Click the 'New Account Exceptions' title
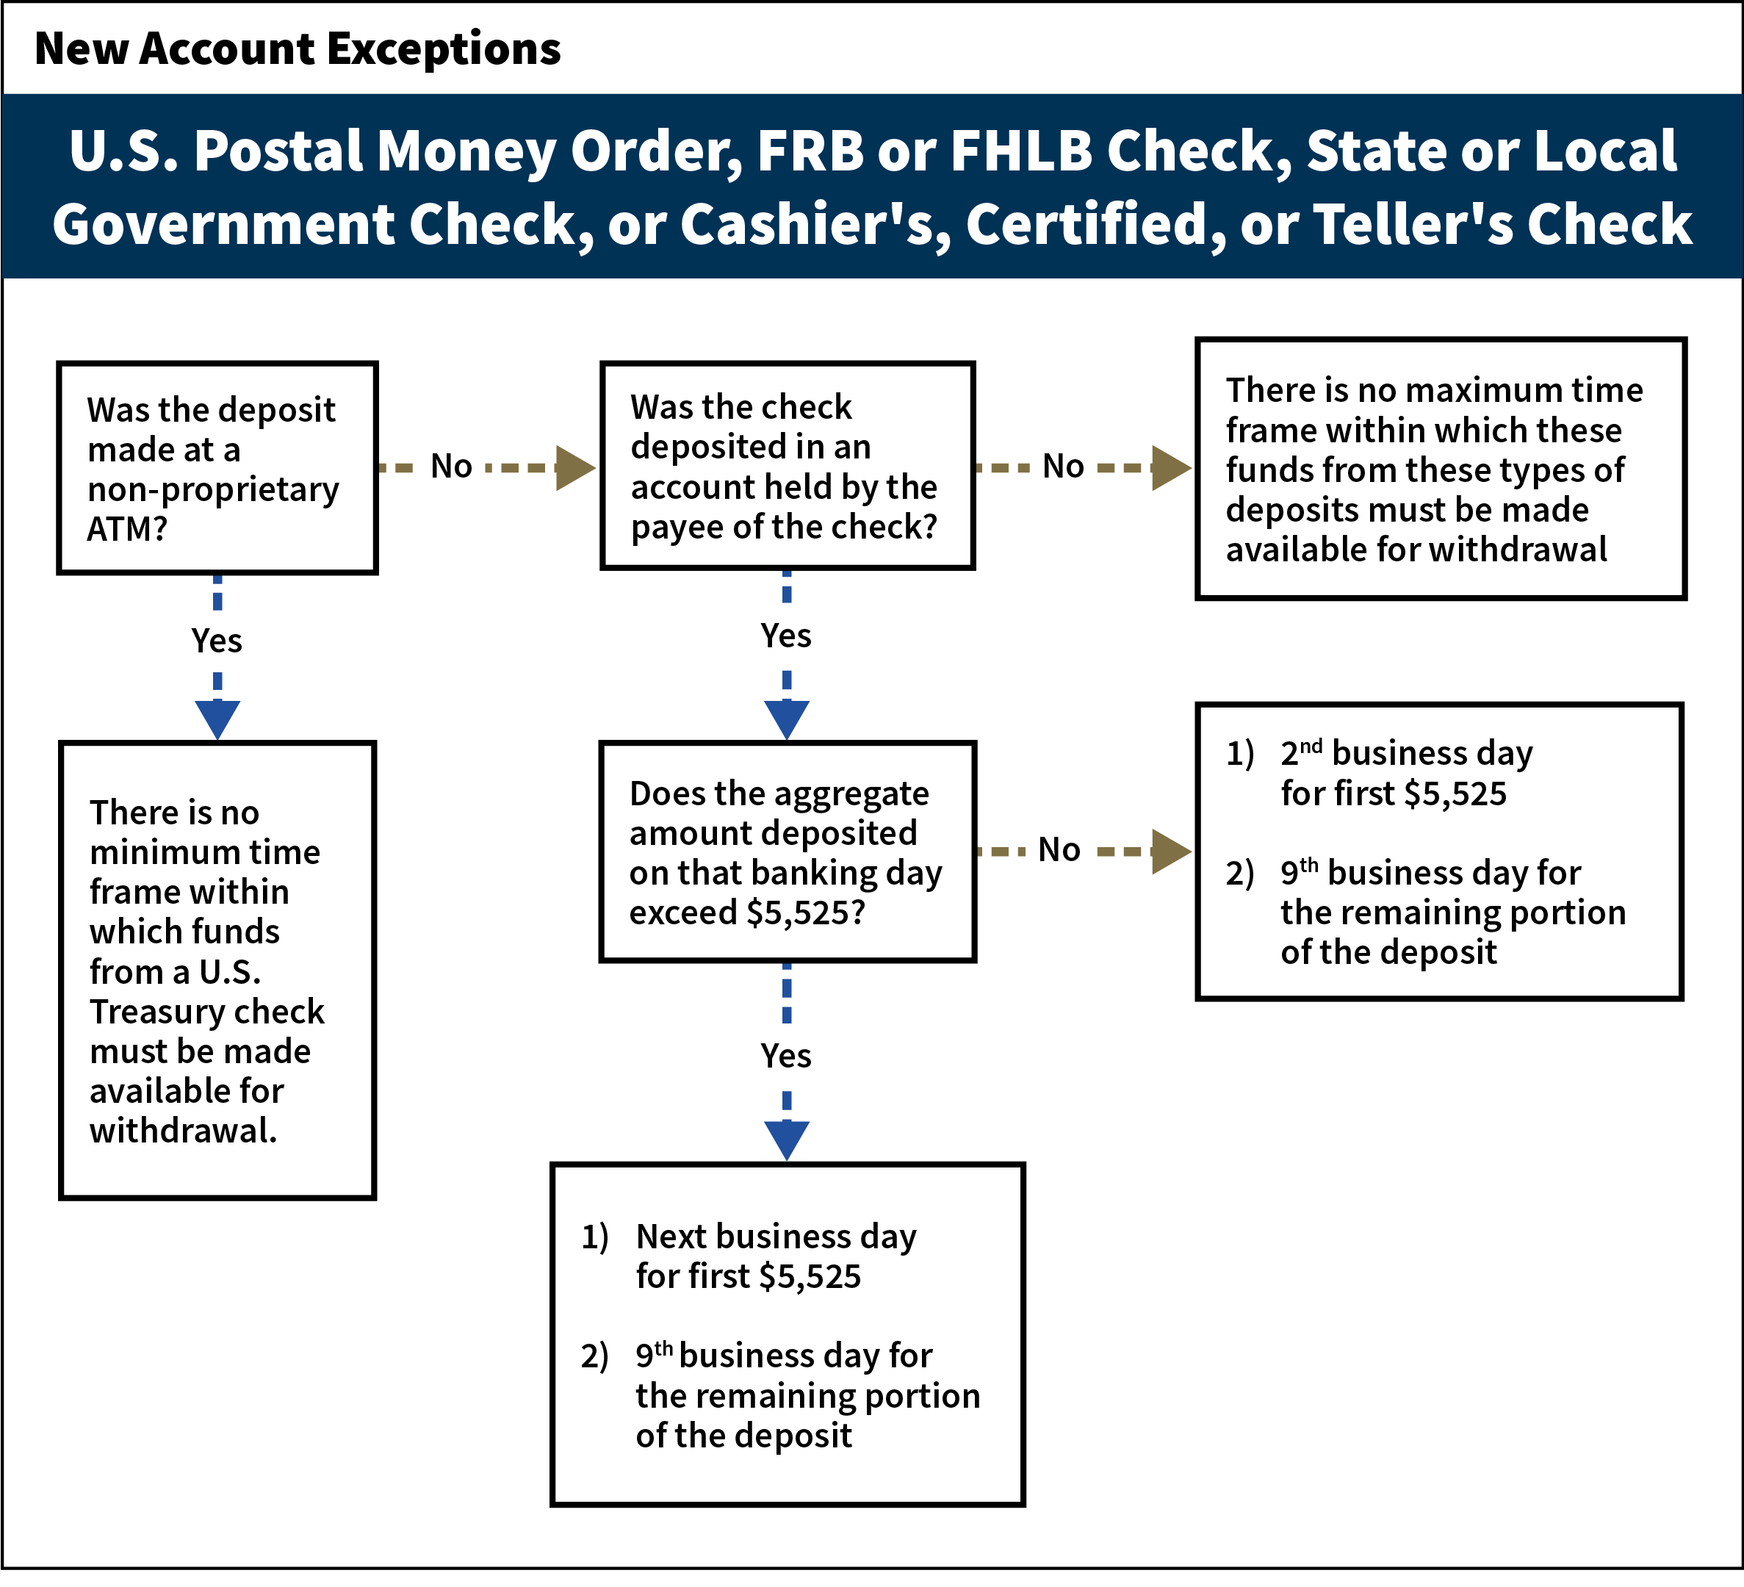click(298, 48)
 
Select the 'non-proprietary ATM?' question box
click(217, 468)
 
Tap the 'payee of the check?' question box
click(788, 466)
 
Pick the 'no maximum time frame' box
click(1441, 469)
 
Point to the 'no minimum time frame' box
click(217, 970)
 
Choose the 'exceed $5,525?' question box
click(788, 852)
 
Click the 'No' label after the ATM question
click(451, 467)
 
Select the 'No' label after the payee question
click(1062, 467)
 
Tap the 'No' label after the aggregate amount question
click(1059, 850)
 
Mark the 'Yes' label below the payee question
click(785, 636)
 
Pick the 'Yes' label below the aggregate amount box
click(785, 1056)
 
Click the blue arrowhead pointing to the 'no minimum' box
click(217, 719)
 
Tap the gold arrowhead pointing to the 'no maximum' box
click(1170, 468)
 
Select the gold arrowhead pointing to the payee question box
click(574, 468)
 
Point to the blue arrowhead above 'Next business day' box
click(786, 1139)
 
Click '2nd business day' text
click(1406, 754)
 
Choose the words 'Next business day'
click(776, 1237)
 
